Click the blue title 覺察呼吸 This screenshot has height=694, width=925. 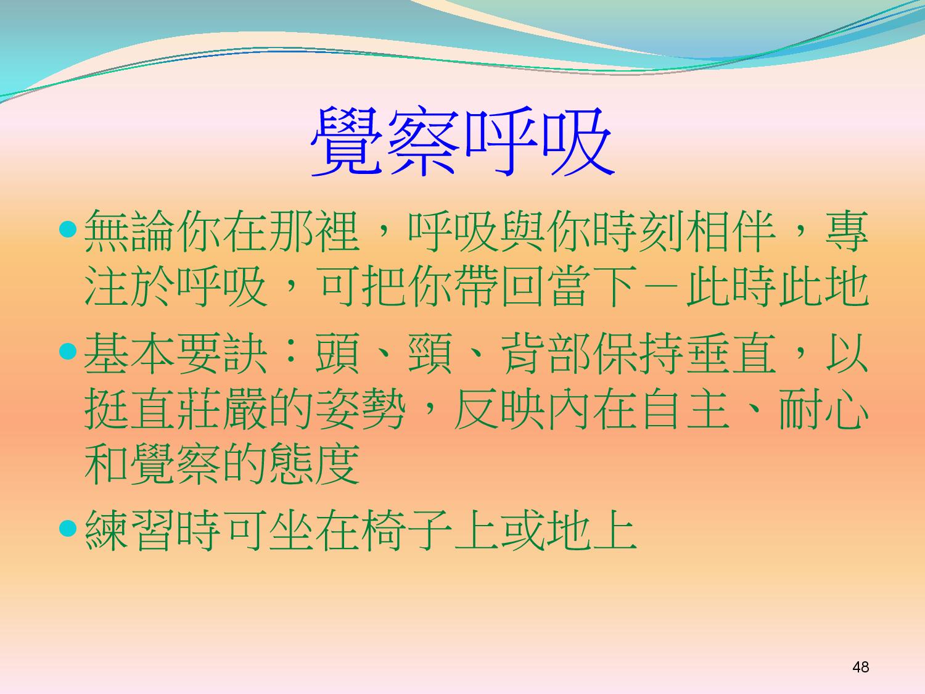click(x=462, y=141)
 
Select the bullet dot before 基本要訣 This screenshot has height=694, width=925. click(x=68, y=352)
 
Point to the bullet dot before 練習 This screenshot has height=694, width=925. click(x=68, y=529)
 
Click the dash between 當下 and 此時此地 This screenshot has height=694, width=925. click(x=663, y=286)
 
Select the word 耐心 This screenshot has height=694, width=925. click(x=824, y=409)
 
